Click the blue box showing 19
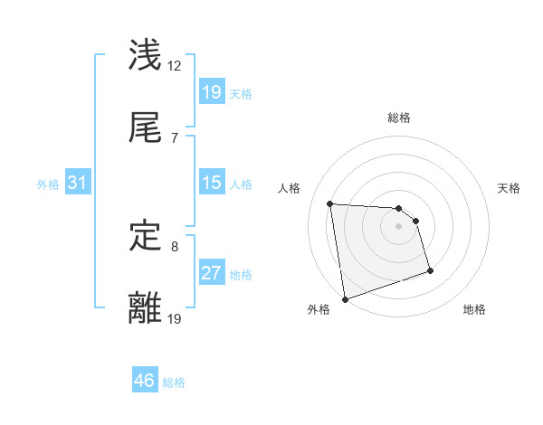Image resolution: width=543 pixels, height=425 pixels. tap(211, 92)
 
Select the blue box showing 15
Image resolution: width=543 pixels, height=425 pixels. tap(211, 184)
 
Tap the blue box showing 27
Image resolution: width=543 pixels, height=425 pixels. tap(211, 273)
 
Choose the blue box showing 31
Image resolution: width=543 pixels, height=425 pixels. tap(78, 184)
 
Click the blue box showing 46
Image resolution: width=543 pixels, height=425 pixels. tap(145, 382)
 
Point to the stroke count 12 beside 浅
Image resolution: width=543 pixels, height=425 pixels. tap(175, 66)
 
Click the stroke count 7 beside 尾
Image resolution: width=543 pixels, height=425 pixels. tap(174, 137)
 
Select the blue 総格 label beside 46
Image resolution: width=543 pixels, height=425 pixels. tap(174, 382)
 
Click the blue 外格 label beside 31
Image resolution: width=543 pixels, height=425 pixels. tap(48, 184)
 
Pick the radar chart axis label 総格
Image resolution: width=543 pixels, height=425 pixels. tap(399, 118)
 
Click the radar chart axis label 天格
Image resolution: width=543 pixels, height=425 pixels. tap(510, 188)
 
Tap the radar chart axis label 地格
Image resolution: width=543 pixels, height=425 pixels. tap(474, 309)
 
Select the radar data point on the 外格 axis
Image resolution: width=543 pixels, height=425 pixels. tap(345, 298)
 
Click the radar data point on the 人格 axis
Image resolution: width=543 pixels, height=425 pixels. tap(330, 203)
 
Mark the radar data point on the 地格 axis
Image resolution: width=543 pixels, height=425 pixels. tap(430, 270)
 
